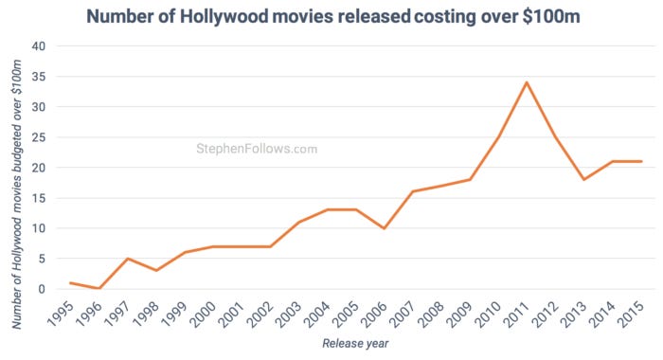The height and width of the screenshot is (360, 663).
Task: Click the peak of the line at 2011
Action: coord(527,82)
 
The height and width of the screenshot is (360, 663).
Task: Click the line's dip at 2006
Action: coord(385,228)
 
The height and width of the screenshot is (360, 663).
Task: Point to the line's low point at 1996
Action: coord(99,288)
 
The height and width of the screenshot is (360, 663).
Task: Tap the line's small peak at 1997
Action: coord(128,259)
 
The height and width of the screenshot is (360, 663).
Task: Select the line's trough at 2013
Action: coord(583,179)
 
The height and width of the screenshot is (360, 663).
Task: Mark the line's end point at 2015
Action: coord(640,161)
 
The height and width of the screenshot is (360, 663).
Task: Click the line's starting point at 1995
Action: coord(71,282)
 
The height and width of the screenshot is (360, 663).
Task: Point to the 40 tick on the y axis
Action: coord(38,46)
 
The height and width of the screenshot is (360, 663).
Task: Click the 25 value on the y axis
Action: coord(38,137)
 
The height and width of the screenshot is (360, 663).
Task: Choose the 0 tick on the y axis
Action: coord(42,289)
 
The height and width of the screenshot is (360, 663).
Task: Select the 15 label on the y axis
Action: coord(38,198)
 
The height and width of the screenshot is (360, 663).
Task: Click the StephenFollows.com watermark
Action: coord(256,149)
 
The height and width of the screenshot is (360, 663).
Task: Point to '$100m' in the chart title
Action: coord(544,16)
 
